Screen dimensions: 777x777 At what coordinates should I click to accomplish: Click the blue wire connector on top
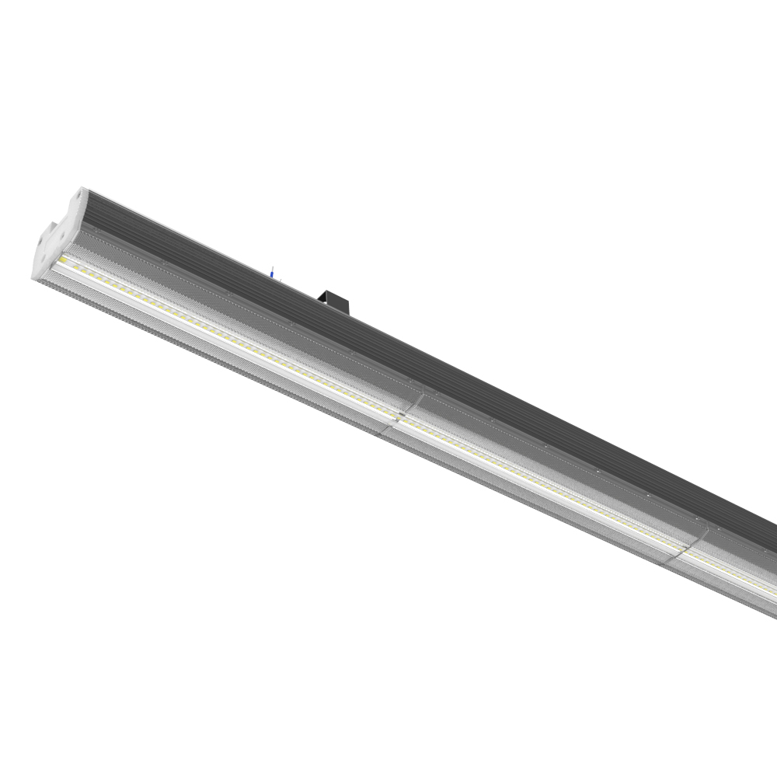pyautogui.click(x=270, y=272)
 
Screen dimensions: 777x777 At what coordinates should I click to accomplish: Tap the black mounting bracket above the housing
pyautogui.click(x=335, y=299)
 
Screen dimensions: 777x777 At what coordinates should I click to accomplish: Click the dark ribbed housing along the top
pyautogui.click(x=466, y=365)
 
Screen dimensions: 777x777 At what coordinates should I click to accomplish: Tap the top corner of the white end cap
pyautogui.click(x=81, y=189)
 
